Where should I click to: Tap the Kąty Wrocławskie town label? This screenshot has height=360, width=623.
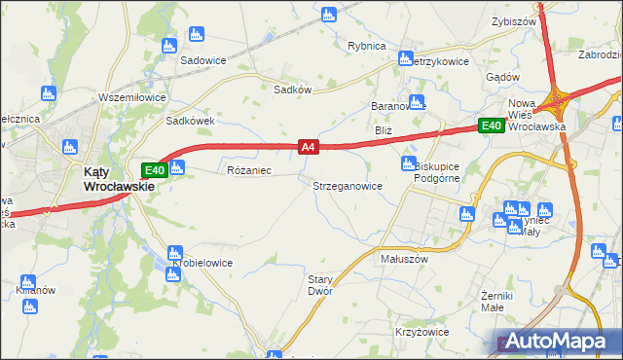pos(108,179)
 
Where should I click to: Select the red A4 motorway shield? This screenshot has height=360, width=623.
pos(308,147)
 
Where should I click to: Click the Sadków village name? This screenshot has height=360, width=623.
pos(292,89)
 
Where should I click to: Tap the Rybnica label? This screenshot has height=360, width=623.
pos(367,46)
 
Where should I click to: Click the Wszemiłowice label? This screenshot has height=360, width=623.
pos(134,97)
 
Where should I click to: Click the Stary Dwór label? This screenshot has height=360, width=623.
pos(320,285)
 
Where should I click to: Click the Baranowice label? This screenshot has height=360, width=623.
pos(398,105)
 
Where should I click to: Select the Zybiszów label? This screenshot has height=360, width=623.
pos(515,20)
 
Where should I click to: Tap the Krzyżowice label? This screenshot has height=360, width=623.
pos(421,332)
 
